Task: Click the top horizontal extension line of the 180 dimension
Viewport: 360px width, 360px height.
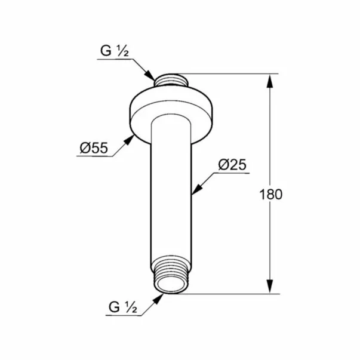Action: (x=233, y=74)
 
